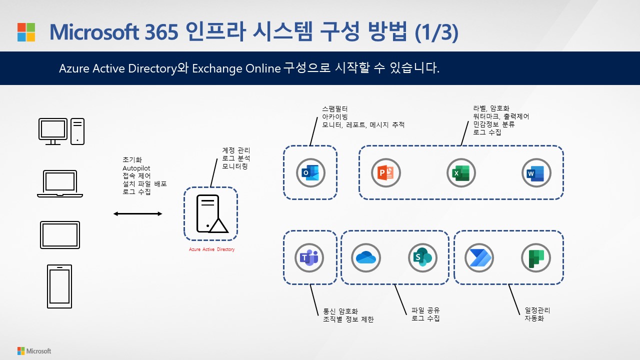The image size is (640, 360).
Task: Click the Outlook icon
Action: (x=310, y=173)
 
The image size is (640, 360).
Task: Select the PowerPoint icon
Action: (x=386, y=173)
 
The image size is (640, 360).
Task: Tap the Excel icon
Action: (x=461, y=173)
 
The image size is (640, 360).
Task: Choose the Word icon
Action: (x=536, y=173)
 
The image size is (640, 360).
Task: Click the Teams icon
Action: (x=309, y=258)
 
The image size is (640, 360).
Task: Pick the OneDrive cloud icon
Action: (x=366, y=258)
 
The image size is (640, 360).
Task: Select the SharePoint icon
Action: (x=423, y=258)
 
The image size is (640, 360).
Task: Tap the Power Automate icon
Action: (x=479, y=258)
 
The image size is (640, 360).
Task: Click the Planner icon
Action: (x=536, y=258)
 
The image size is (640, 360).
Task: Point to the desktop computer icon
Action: (x=61, y=131)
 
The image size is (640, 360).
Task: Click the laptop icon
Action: (x=60, y=184)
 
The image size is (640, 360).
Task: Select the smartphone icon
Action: (x=59, y=286)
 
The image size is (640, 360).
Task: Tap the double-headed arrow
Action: (x=138, y=214)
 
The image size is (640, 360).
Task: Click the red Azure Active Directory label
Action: (x=211, y=249)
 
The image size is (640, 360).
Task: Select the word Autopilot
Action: (x=136, y=168)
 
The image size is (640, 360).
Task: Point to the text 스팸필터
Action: (x=335, y=108)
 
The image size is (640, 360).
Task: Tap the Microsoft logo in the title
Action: (x=26, y=32)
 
